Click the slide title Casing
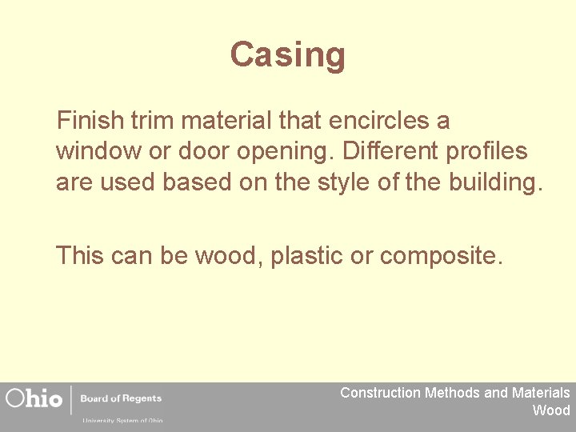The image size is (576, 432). coord(288,55)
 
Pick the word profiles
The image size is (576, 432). coord(490,150)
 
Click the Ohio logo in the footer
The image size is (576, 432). coord(34,398)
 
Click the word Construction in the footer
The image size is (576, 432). coord(380,393)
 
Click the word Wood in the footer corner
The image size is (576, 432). coord(551,410)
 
